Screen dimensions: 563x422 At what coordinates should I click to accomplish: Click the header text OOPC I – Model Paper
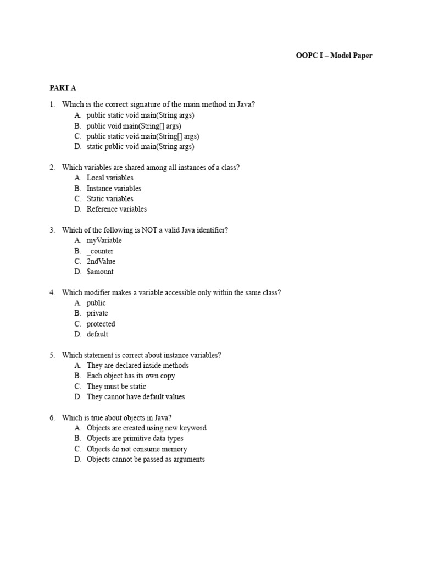[x=334, y=56]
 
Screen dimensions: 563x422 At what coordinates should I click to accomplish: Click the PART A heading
[x=61, y=88]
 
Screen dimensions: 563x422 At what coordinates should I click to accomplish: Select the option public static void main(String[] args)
[x=142, y=136]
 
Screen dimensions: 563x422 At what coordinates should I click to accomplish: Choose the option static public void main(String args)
[x=140, y=147]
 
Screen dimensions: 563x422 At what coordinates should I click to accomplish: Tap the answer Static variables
[x=110, y=199]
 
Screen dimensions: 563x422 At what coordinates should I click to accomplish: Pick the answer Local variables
[x=110, y=178]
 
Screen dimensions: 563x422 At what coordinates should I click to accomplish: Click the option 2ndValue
[x=101, y=262]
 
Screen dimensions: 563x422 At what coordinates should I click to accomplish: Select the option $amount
[x=100, y=272]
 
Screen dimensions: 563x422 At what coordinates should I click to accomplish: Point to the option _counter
[x=100, y=251]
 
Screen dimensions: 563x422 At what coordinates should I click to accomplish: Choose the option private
[x=97, y=313]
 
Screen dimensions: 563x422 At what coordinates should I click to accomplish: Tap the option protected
[x=101, y=324]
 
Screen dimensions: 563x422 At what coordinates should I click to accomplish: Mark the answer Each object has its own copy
[x=131, y=376]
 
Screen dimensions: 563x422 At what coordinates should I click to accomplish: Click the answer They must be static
[x=116, y=387]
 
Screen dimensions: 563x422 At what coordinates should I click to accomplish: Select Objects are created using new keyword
[x=146, y=428]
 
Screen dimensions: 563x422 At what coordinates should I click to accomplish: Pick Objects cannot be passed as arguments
[x=146, y=460]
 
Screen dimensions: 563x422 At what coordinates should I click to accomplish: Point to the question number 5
[x=52, y=355]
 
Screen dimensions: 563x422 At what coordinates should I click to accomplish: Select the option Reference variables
[x=116, y=209]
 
